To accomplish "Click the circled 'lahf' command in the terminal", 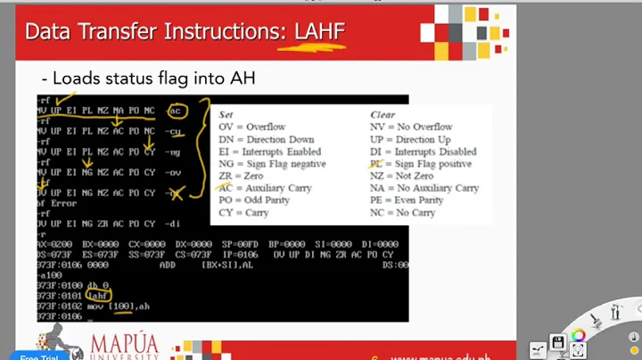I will coord(98,295).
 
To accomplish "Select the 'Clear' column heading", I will coord(384,115).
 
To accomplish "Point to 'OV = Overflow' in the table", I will coord(252,127).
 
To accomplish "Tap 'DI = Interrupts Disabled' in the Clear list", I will coord(423,152).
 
